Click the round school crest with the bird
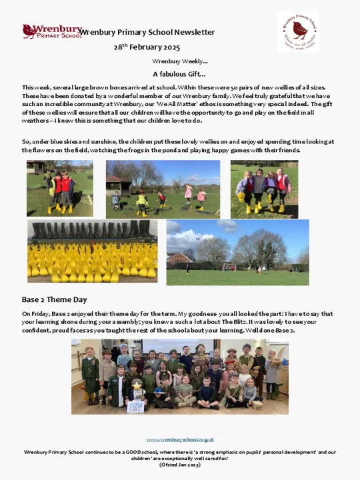click(x=298, y=31)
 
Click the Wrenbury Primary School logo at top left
click(x=51, y=31)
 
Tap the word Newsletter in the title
click(x=194, y=32)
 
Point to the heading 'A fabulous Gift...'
click(x=179, y=74)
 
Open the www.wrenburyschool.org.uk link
click(x=180, y=439)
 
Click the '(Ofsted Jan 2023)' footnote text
click(x=180, y=465)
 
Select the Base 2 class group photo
click(x=180, y=376)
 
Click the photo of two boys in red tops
click(x=59, y=188)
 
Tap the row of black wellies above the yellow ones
click(x=92, y=231)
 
